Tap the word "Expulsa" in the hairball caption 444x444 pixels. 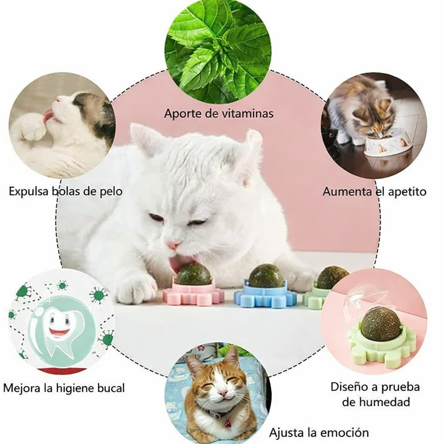[28, 191]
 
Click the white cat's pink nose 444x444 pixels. [173, 244]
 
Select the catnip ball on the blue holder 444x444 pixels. [265, 275]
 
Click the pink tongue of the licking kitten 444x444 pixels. [49, 116]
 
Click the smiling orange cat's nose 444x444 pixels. [223, 393]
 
